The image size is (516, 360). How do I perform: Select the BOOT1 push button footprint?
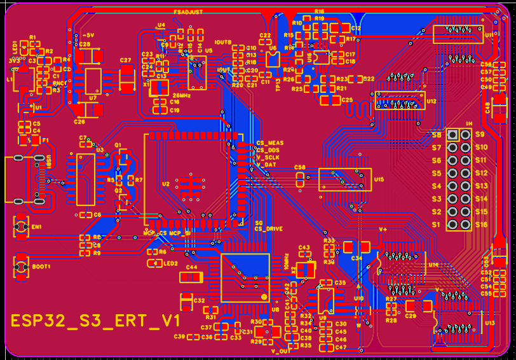20,266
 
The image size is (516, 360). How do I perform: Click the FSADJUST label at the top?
188,11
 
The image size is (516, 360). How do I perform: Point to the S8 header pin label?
437,135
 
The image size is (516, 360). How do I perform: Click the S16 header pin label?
480,225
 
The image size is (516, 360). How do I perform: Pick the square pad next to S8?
452,135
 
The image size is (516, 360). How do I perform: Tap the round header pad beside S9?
466,135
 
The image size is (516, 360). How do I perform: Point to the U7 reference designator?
93,99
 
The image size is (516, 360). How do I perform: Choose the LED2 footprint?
153,262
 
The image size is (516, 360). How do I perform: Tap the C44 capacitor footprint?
191,277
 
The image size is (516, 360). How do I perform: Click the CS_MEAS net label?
269,142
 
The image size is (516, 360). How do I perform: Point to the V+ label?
383,228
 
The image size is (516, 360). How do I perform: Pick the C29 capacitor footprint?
411,307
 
